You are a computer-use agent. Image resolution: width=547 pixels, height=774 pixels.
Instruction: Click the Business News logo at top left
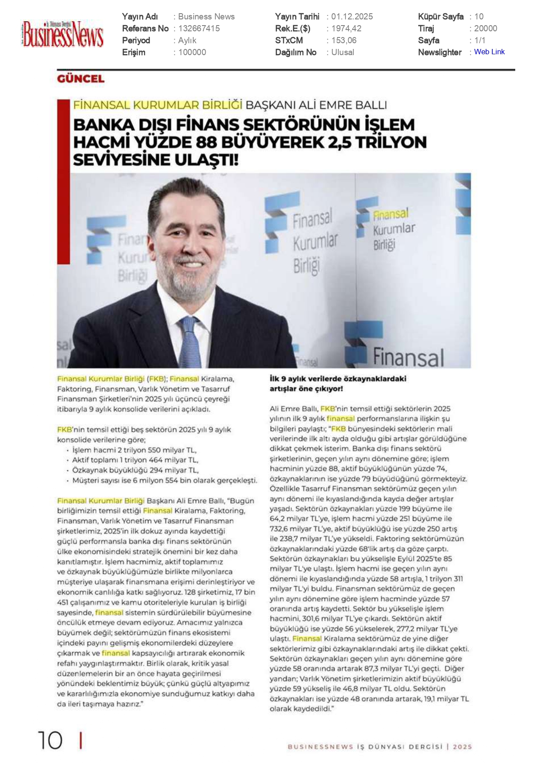click(63, 34)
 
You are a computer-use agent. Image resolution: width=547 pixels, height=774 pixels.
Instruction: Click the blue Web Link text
click(489, 52)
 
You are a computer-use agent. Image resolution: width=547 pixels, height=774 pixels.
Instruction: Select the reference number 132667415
click(199, 29)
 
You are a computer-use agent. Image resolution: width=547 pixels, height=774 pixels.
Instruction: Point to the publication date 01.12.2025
click(352, 17)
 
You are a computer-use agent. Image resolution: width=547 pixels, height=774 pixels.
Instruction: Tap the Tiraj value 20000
click(486, 29)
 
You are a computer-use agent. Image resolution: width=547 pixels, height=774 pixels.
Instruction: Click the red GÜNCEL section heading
click(81, 79)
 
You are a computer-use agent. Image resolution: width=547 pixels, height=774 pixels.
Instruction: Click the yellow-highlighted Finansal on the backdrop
click(391, 214)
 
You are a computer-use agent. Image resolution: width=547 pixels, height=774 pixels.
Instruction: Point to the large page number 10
click(50, 740)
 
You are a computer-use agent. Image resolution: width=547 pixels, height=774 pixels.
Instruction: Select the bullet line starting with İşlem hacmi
click(134, 450)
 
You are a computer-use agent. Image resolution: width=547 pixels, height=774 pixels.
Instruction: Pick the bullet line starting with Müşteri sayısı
click(164, 481)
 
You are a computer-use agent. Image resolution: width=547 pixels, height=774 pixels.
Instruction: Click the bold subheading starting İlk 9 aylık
click(338, 384)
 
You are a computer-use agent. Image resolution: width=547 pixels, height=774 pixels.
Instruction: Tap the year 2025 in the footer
click(462, 747)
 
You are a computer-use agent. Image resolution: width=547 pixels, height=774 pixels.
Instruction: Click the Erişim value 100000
click(192, 52)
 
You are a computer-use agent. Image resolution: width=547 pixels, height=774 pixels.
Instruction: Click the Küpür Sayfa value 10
click(479, 17)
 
